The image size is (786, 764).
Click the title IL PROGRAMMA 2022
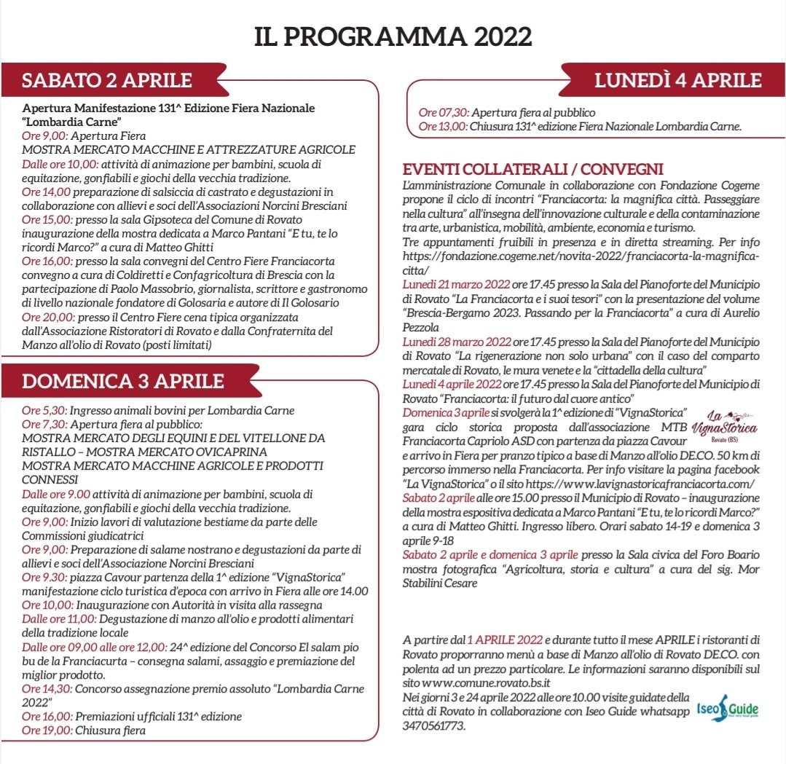tap(393, 37)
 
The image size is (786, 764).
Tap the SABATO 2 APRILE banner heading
tap(107, 79)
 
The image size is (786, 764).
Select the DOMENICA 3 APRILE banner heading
tap(123, 380)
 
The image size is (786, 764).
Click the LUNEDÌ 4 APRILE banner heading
tap(677, 79)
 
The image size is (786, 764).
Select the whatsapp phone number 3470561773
tap(433, 726)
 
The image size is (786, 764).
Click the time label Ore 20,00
tap(45, 318)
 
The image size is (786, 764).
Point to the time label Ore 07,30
tap(443, 113)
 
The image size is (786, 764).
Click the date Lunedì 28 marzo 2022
tap(457, 342)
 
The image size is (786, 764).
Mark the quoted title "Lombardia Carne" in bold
tap(71, 121)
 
